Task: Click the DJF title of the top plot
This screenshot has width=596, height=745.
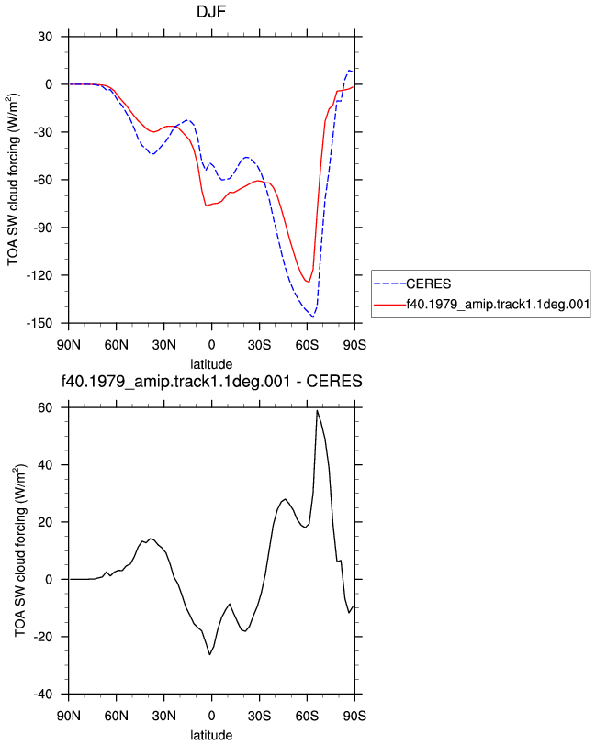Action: [x=211, y=11]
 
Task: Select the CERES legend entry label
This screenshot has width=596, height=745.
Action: [x=428, y=284]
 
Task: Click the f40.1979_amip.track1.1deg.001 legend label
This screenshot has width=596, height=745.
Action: [x=498, y=304]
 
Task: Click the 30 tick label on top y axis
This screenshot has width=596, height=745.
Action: [x=45, y=37]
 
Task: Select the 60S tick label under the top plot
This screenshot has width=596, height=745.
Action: [x=307, y=344]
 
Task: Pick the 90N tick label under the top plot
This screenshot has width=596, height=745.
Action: [x=69, y=344]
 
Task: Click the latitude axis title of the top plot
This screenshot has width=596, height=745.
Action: [x=211, y=364]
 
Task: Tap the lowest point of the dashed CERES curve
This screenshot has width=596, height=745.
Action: [x=312, y=317]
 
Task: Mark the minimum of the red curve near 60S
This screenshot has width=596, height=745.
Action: [x=309, y=283]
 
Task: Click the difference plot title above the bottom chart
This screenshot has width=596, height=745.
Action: [x=211, y=381]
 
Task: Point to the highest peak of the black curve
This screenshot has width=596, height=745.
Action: [x=317, y=410]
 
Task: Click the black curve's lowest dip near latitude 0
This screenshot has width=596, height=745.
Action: [x=209, y=655]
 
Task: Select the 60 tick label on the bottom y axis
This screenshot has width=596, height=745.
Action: [x=45, y=407]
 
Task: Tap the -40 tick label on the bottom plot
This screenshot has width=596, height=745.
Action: [x=43, y=695]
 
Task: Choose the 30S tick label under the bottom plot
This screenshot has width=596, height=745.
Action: [x=259, y=716]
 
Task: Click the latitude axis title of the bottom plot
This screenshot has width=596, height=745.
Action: [x=211, y=735]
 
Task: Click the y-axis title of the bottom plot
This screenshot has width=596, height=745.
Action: [x=19, y=550]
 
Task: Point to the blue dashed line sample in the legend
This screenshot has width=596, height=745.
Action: [x=389, y=284]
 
